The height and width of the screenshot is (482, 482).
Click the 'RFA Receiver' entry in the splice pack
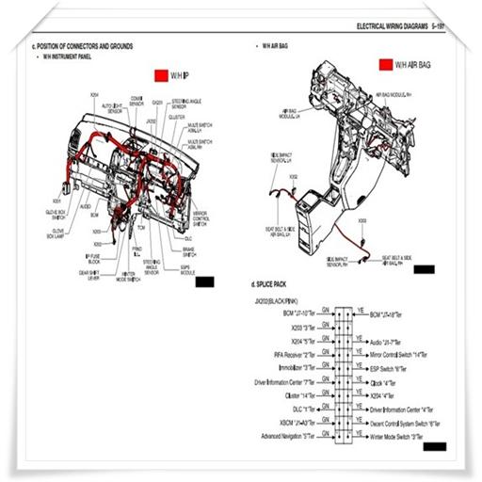click(294, 354)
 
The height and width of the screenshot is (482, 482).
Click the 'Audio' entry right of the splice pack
click(385, 342)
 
